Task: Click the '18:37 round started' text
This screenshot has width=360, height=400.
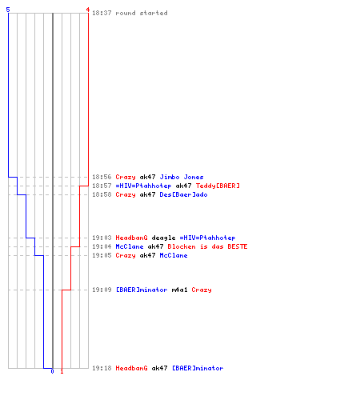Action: (130, 13)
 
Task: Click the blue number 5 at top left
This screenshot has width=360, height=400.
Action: (8, 10)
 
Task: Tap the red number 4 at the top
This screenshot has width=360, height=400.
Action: (88, 10)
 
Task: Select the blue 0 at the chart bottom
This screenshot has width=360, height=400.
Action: (52, 371)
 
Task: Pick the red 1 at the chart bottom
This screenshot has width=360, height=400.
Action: (62, 371)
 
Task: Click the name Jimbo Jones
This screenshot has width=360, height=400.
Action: (182, 177)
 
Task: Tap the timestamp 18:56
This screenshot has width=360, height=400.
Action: (102, 177)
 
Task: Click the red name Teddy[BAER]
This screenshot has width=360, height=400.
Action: (218, 186)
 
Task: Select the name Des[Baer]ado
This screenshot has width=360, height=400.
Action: (183, 194)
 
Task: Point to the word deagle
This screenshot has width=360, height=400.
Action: (163, 238)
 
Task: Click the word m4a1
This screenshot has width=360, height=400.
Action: (179, 290)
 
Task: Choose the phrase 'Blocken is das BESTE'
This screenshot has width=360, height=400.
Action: (207, 246)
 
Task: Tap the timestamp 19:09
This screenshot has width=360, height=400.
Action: (102, 290)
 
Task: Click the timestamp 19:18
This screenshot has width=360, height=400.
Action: (102, 368)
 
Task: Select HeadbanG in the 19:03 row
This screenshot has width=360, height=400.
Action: (131, 238)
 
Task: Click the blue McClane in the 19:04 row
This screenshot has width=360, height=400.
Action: (130, 246)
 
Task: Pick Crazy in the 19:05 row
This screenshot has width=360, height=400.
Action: (126, 255)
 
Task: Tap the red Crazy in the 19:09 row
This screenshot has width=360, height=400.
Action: (202, 290)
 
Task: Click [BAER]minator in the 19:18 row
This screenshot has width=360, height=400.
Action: (198, 368)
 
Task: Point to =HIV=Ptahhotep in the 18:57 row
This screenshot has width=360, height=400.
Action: (143, 186)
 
